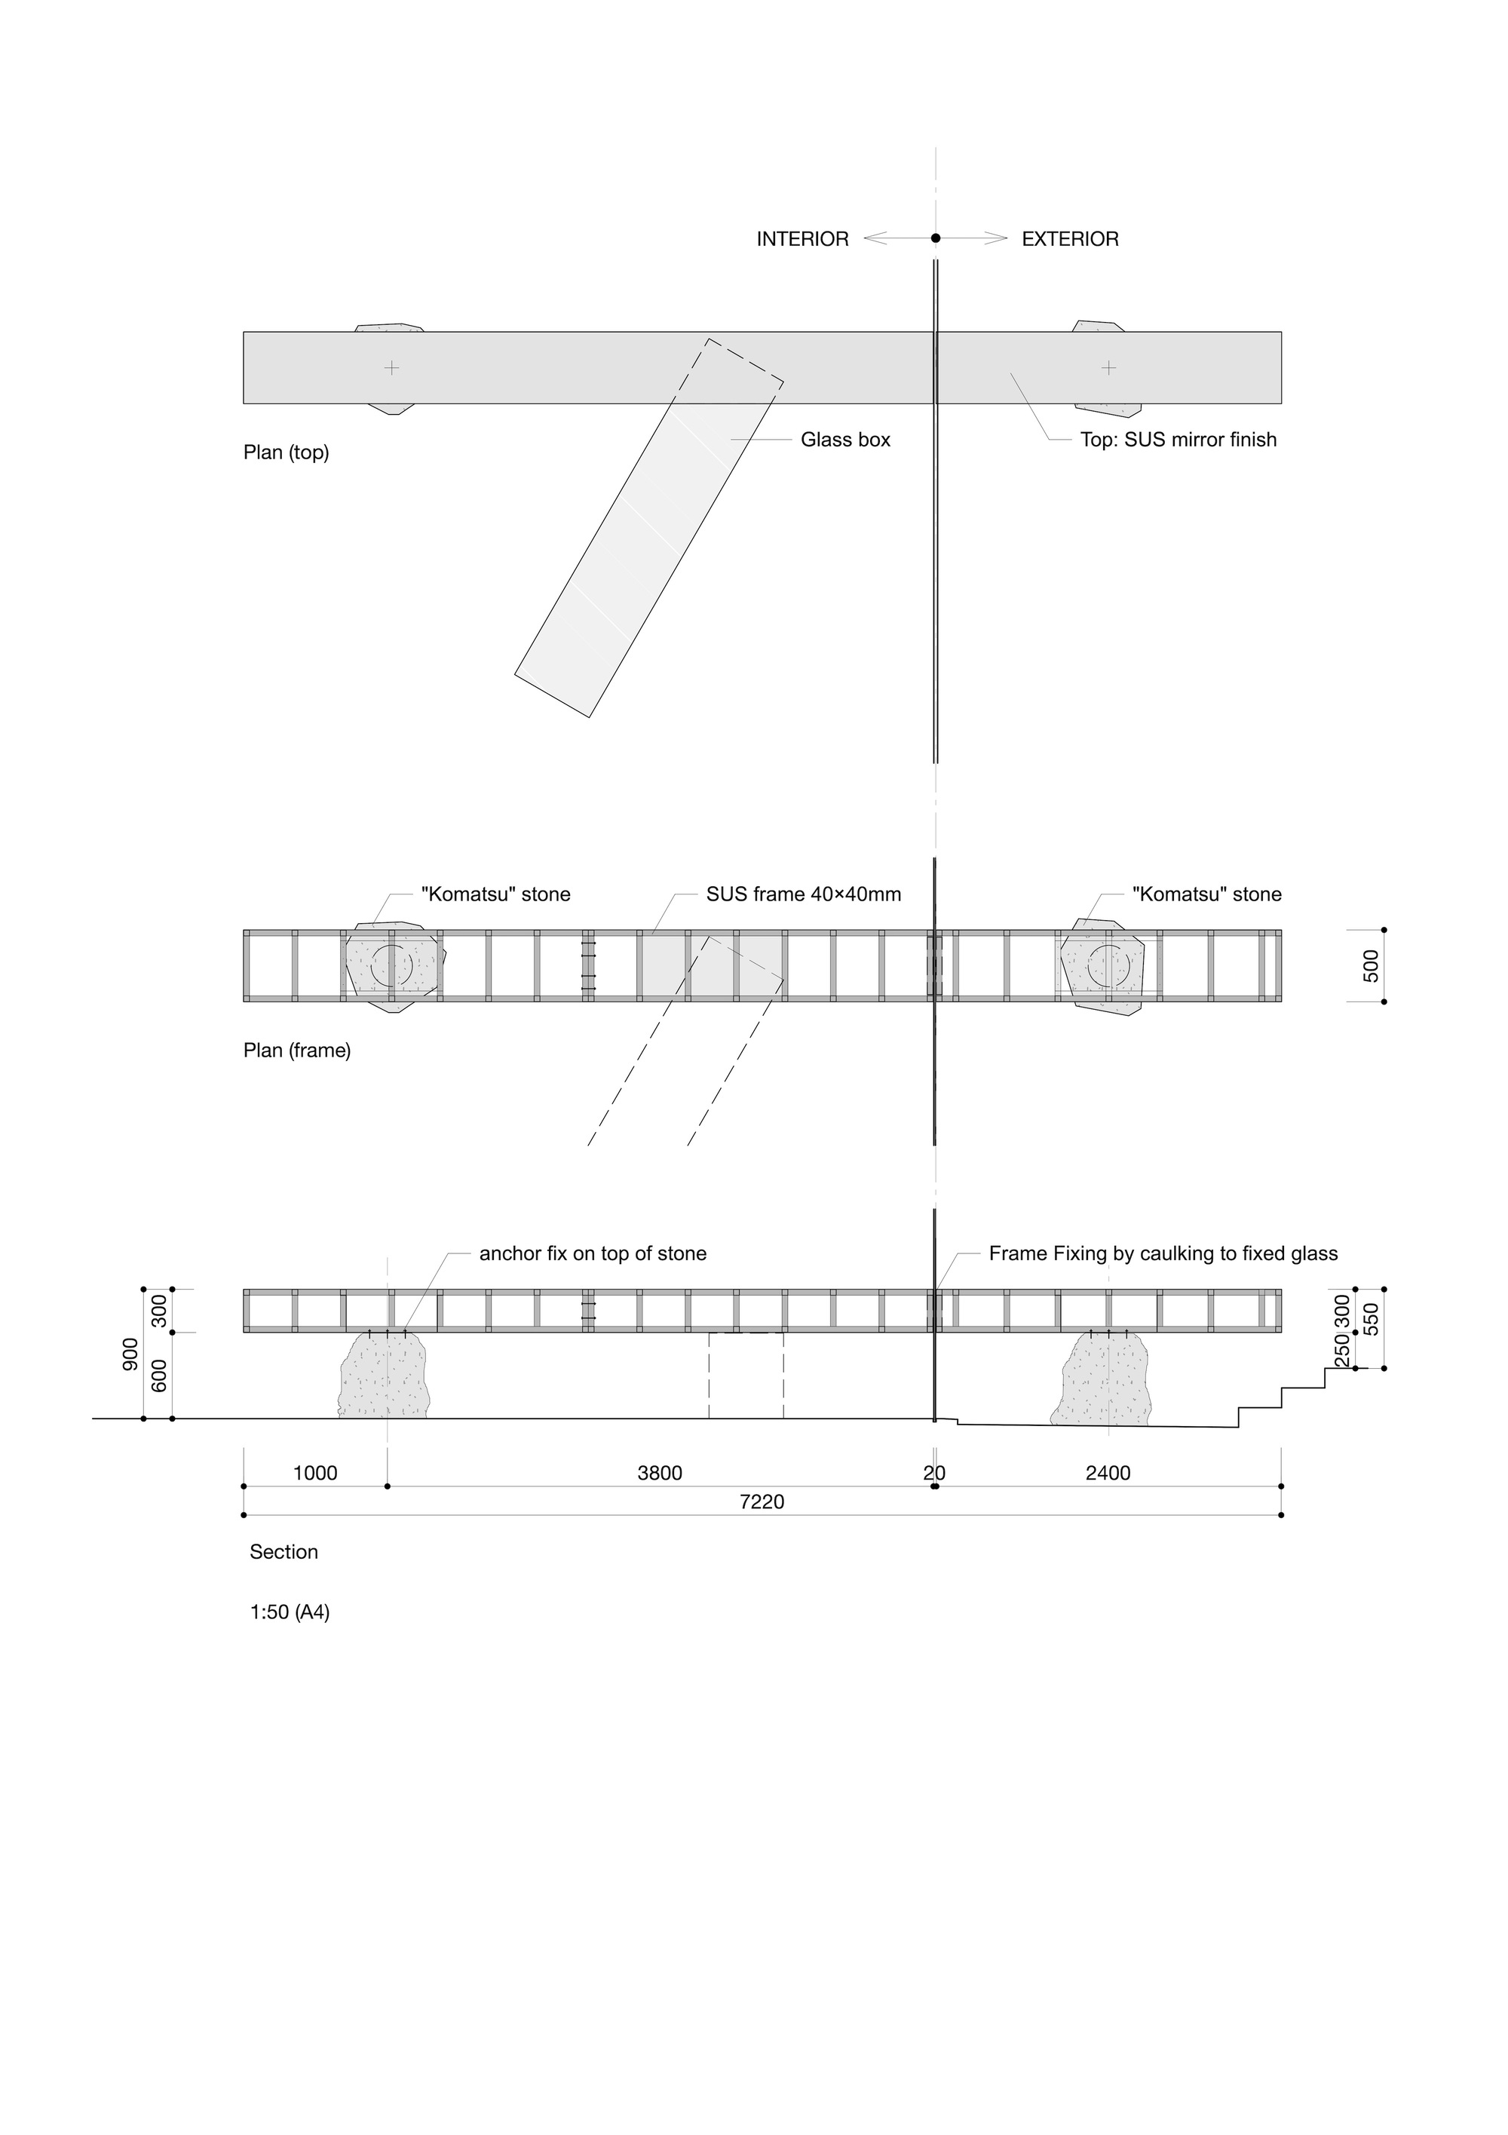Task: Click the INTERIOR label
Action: (x=802, y=239)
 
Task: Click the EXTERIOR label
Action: (x=1070, y=239)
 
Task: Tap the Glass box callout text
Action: (x=845, y=440)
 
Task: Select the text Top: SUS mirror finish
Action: (x=1178, y=440)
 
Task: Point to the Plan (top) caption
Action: (x=287, y=452)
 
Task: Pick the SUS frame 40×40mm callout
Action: (x=803, y=894)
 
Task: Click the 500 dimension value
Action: (x=1371, y=966)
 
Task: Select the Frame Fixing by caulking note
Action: (x=1163, y=1253)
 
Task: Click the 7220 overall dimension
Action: (x=762, y=1502)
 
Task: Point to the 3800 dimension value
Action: (x=660, y=1473)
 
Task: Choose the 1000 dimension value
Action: (x=315, y=1473)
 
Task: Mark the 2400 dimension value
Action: (x=1108, y=1473)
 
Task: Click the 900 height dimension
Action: (x=130, y=1354)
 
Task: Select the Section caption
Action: (x=284, y=1552)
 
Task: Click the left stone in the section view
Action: (x=384, y=1376)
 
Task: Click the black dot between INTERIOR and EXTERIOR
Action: (x=935, y=238)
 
